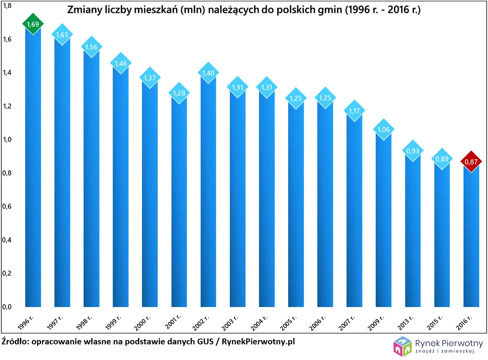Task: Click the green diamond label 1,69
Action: [x=33, y=25]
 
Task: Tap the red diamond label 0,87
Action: [x=471, y=162]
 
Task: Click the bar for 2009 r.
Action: [x=383, y=221]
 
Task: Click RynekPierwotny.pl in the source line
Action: [x=258, y=341]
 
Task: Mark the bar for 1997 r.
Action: [x=62, y=177]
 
